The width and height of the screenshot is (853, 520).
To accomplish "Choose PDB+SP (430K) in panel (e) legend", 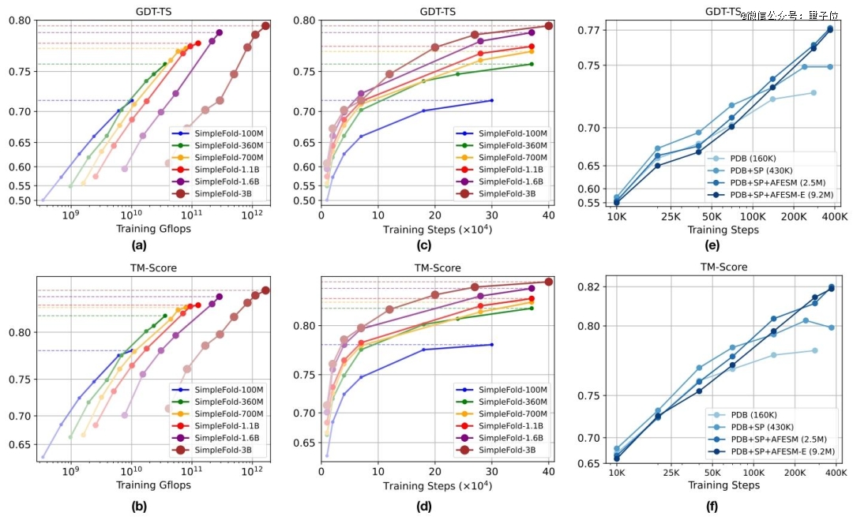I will coord(762,170).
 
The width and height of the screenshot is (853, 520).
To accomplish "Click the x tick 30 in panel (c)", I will coord(492,216).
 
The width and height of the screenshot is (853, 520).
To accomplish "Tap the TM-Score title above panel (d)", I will coord(434,267).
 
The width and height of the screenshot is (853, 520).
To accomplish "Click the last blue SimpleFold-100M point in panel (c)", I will coord(492,100).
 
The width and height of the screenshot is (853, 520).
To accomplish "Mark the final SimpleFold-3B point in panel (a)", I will coord(265,26).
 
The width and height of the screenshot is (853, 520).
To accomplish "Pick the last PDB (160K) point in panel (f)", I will coord(814,350).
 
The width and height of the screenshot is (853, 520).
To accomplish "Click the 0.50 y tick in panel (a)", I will coord(24,200).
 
